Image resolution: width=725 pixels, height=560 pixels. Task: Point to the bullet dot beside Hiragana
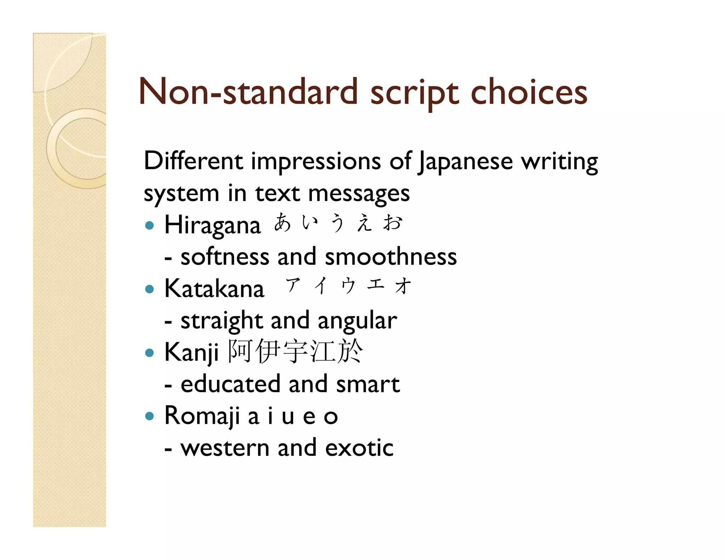point(150,225)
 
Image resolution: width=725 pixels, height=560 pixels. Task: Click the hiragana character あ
point(283,223)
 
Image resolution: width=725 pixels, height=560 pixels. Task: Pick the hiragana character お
point(393,223)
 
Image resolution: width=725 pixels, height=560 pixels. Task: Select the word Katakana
point(214,288)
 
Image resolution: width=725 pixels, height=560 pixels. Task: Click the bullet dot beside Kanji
point(150,353)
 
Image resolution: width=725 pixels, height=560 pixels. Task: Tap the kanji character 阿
point(240,351)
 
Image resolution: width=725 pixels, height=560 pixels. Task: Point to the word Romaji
point(202,416)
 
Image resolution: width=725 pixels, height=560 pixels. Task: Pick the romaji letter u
point(288,417)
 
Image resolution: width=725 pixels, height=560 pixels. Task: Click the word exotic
point(359,448)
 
